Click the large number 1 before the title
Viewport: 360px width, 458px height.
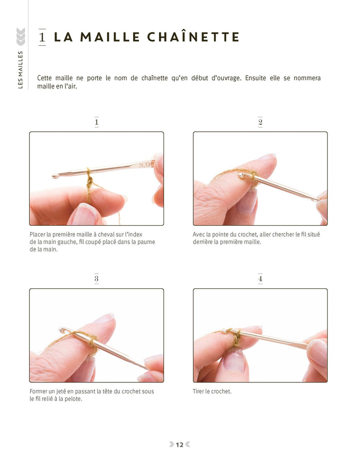click(x=42, y=37)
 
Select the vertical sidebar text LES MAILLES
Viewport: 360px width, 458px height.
click(x=21, y=69)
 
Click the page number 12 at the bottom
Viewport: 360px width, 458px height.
click(x=179, y=445)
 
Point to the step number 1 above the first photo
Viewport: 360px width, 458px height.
click(x=96, y=122)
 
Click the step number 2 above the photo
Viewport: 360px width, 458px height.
click(x=260, y=122)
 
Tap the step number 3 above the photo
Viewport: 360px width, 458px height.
click(x=96, y=279)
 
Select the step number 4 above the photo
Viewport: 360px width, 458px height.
click(x=260, y=279)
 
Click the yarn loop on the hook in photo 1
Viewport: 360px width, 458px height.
click(x=89, y=174)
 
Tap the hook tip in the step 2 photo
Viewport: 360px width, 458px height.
click(x=242, y=176)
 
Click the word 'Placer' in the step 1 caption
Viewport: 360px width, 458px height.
click(x=37, y=235)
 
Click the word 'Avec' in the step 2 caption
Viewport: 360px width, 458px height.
click(x=199, y=235)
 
